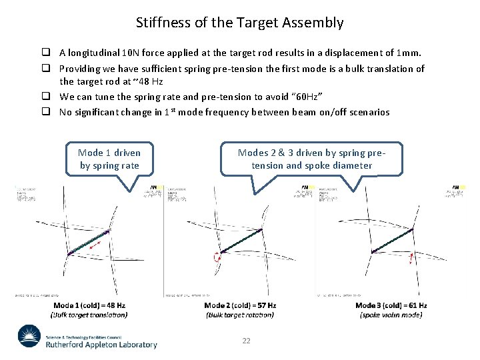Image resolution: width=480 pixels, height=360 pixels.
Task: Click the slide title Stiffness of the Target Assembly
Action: pyautogui.click(x=240, y=23)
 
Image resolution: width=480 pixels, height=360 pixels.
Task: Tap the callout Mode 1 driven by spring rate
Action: pyautogui.click(x=109, y=159)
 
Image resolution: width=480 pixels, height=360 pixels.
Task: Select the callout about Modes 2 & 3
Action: pyautogui.click(x=311, y=159)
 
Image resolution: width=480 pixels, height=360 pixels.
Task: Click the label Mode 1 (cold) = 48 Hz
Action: pyautogui.click(x=89, y=305)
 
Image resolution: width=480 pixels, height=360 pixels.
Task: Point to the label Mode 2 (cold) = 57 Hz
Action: pyautogui.click(x=240, y=305)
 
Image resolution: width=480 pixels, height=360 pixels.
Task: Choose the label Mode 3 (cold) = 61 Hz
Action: pyautogui.click(x=391, y=305)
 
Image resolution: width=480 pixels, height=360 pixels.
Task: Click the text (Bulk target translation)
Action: pyautogui.click(x=89, y=315)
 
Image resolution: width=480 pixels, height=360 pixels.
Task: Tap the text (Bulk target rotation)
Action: pyautogui.click(x=240, y=315)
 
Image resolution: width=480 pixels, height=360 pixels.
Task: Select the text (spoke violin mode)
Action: pyautogui.click(x=391, y=315)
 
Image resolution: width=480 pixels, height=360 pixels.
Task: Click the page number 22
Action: pyautogui.click(x=246, y=341)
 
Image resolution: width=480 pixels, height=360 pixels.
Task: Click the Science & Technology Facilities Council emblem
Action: pyautogui.click(x=29, y=337)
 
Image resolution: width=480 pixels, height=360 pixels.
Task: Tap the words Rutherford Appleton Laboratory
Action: pyautogui.click(x=101, y=345)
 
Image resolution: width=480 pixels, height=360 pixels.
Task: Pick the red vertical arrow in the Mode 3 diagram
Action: pyautogui.click(x=411, y=259)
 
